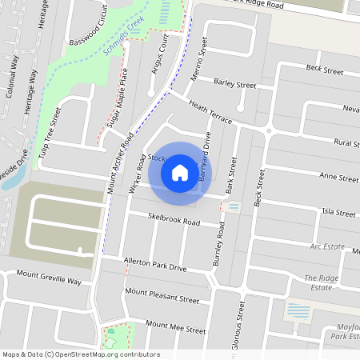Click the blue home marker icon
(180, 173)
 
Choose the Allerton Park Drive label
(155, 265)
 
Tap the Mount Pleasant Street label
(162, 297)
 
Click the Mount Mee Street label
(172, 326)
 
